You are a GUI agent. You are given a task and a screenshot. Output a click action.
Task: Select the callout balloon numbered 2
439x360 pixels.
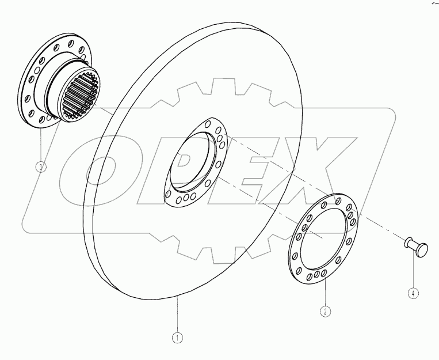(x=325, y=312)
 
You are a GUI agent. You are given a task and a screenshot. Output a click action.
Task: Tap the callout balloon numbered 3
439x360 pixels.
(x=41, y=168)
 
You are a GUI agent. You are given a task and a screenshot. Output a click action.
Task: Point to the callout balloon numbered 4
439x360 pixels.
(x=413, y=293)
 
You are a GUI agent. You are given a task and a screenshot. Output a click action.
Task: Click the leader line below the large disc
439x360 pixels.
(x=178, y=314)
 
